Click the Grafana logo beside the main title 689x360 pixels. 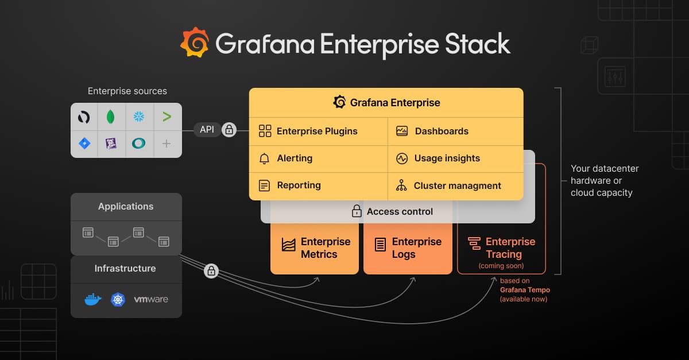195,42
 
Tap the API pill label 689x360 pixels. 207,130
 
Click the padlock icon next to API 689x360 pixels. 229,130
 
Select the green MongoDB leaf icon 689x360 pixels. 111,117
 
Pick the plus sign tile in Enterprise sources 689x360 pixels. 167,144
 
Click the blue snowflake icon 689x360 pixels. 139,117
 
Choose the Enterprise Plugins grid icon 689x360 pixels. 265,131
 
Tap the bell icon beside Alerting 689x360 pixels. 264,158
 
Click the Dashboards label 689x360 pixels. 442,131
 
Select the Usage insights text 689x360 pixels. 447,158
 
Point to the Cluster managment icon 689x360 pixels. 401,185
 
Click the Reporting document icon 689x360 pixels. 264,185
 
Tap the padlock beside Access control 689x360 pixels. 357,211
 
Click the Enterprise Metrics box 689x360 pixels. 315,248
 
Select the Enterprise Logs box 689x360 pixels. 408,248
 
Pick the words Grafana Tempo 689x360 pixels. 524,290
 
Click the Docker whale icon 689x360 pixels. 93,299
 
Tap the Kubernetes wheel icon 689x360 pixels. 118,299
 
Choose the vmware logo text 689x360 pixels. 151,299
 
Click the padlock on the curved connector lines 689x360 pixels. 211,270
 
